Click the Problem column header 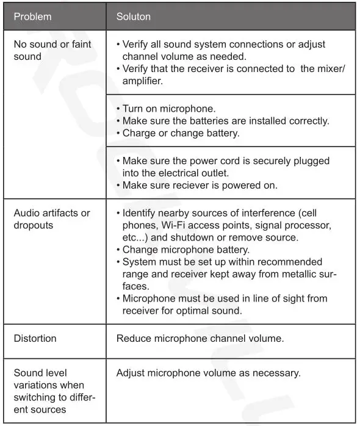coord(32,16)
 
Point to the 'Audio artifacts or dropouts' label coord(51,219)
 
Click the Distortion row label coord(35,338)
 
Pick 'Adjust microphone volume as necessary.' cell coord(208,372)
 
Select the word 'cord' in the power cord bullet coord(237,161)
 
